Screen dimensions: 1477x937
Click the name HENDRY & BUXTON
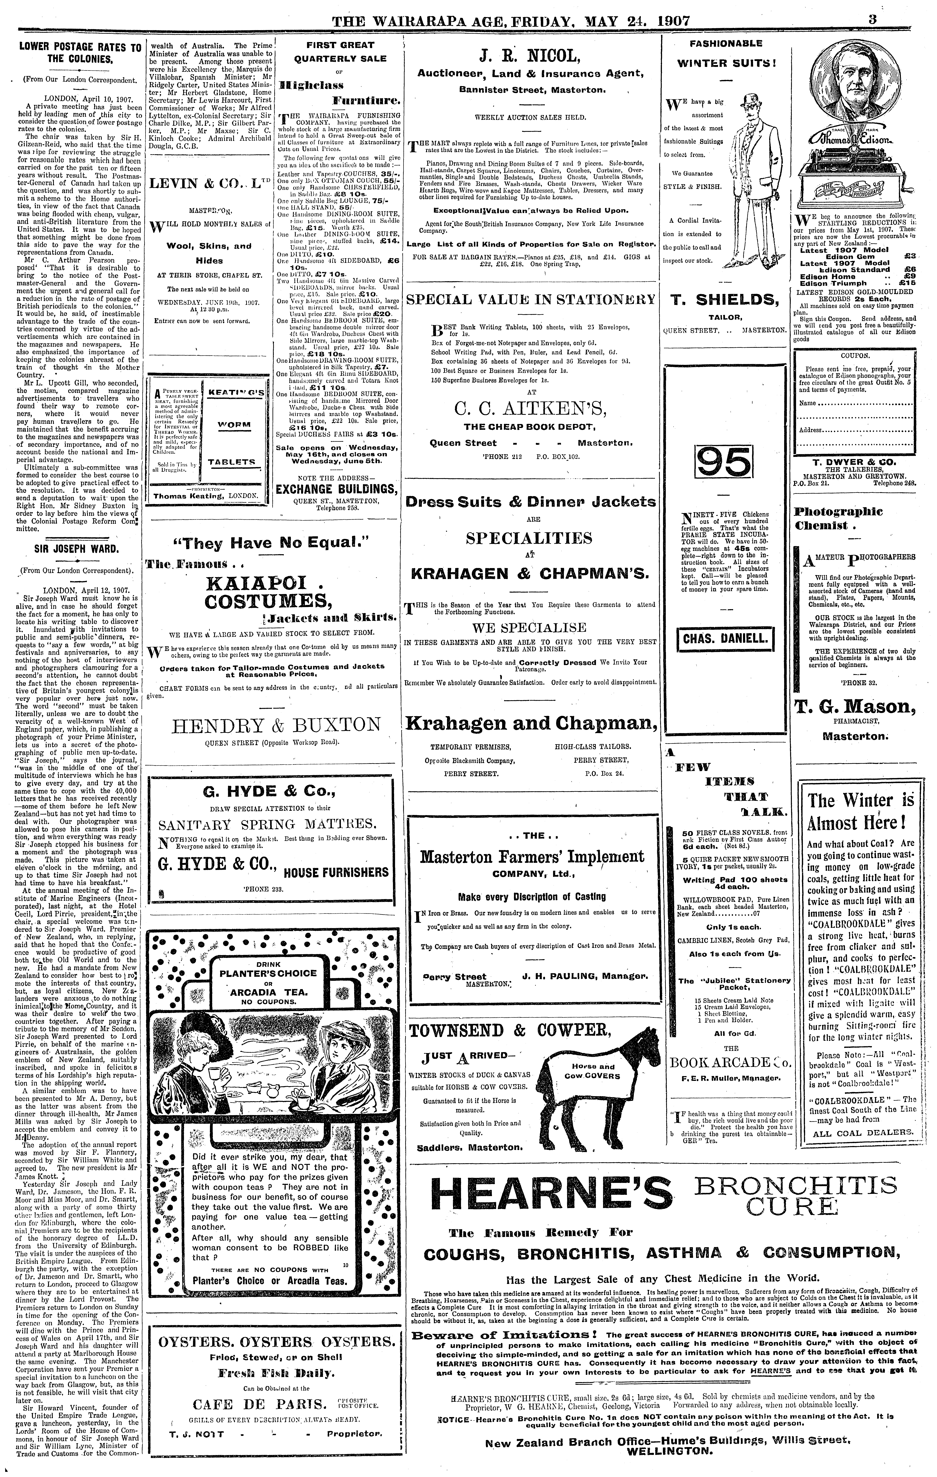pyautogui.click(x=276, y=724)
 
